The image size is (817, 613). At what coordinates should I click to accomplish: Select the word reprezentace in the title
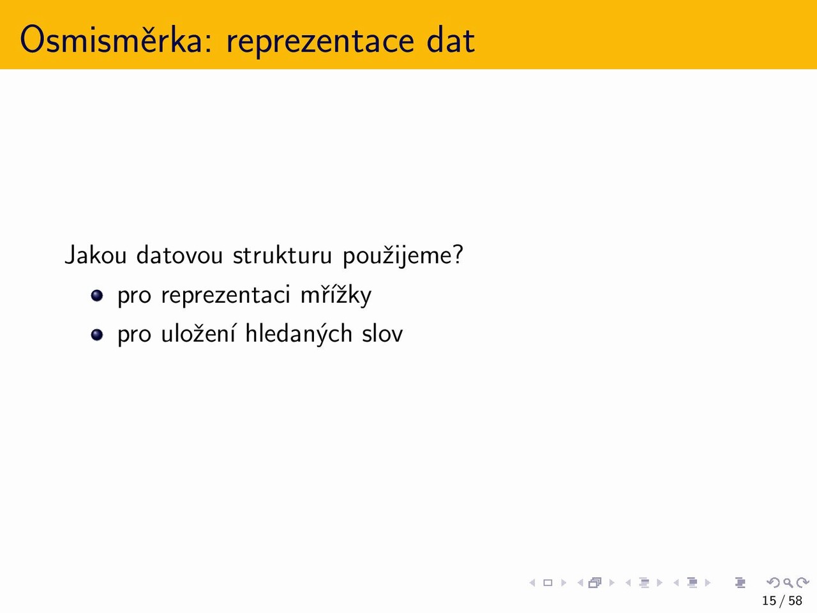point(320,42)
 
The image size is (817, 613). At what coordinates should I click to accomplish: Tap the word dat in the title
point(451,40)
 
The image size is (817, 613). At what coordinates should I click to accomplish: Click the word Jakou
point(96,255)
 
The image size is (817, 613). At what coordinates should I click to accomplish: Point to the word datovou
point(180,255)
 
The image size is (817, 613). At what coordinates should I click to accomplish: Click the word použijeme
point(403,257)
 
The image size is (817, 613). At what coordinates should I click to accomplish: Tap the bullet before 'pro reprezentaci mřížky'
point(97,296)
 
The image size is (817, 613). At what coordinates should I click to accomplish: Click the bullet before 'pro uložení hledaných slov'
point(97,335)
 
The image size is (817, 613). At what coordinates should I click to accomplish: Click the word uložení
point(198,333)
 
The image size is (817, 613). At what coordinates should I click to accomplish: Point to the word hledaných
point(299,334)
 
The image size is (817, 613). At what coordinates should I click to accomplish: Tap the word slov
point(382,333)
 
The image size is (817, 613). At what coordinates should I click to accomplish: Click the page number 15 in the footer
point(769,600)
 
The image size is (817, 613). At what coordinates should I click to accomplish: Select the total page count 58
point(795,600)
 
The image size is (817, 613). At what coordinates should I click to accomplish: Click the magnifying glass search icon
point(788,582)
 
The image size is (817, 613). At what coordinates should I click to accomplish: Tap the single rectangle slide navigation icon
point(548,582)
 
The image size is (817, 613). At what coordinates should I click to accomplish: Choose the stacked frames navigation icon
point(595,582)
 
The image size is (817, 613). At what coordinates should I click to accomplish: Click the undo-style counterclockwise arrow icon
point(774,582)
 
